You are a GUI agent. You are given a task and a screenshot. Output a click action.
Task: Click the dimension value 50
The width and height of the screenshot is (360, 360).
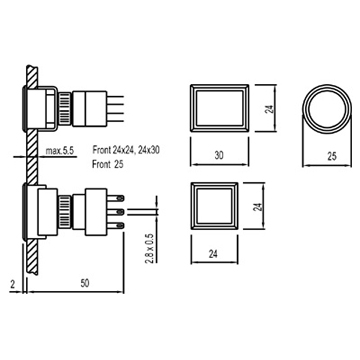[x=85, y=283]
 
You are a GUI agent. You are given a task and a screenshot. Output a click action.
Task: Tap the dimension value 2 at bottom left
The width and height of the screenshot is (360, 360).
[x=12, y=284]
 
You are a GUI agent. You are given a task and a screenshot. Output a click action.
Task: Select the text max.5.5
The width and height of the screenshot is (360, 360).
[x=59, y=151]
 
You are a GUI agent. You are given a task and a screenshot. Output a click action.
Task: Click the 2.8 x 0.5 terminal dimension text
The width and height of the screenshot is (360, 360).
[x=149, y=249]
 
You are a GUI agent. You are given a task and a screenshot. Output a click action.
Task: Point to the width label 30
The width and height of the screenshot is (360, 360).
[x=219, y=156]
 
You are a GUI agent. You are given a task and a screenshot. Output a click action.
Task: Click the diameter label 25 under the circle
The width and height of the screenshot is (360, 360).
[x=332, y=156]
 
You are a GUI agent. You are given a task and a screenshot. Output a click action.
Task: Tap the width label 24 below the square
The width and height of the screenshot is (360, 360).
[x=213, y=254]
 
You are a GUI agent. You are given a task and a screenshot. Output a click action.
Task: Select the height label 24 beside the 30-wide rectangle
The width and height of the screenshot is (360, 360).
[x=269, y=109]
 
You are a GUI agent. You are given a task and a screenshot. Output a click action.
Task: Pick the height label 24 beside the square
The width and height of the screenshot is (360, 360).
[x=257, y=207]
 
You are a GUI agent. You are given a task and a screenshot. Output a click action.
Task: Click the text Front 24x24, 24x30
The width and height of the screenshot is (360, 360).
[x=126, y=150]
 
